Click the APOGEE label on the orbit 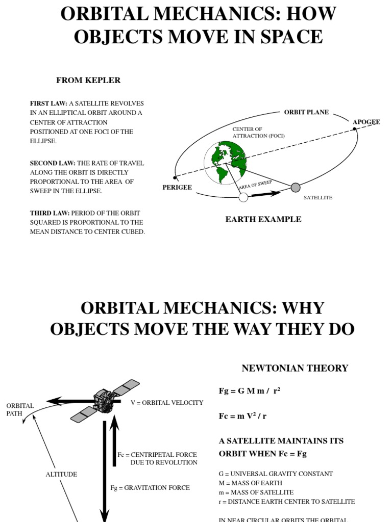pyautogui.click(x=366, y=122)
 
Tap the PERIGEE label pyautogui.click(x=177, y=187)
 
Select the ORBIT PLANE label pyautogui.click(x=306, y=112)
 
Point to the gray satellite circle pyautogui.click(x=296, y=187)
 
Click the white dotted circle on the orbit pyautogui.click(x=243, y=197)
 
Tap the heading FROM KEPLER pyautogui.click(x=88, y=81)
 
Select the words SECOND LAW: pyautogui.click(x=53, y=163)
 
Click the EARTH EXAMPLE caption pyautogui.click(x=263, y=219)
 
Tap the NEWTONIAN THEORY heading pyautogui.click(x=295, y=368)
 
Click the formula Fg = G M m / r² pyautogui.click(x=250, y=391)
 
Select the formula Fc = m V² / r pyautogui.click(x=242, y=416)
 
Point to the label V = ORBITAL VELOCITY pyautogui.click(x=167, y=403)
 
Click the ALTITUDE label pyautogui.click(x=61, y=474)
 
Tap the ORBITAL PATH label pyautogui.click(x=20, y=410)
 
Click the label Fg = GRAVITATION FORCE pyautogui.click(x=150, y=488)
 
